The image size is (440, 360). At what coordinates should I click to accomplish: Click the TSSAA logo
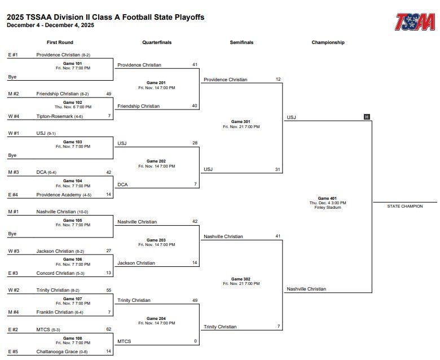click(415, 22)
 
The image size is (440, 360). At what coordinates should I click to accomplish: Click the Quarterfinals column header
click(157, 42)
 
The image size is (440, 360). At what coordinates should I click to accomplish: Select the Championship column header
click(328, 42)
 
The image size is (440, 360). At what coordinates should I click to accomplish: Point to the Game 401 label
click(328, 198)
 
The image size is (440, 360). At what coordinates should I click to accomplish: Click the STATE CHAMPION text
click(404, 206)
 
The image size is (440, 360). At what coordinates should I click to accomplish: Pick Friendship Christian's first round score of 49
click(108, 94)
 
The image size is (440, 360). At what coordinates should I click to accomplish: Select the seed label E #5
click(13, 352)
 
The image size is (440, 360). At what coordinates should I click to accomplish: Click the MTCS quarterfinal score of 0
click(195, 341)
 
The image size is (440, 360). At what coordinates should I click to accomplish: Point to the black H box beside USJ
click(367, 117)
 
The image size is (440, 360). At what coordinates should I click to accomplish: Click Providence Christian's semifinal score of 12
click(278, 80)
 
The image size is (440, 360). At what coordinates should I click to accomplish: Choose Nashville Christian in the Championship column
click(306, 289)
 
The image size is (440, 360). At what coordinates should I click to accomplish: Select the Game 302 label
click(241, 279)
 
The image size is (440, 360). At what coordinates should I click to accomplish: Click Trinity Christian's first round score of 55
click(108, 290)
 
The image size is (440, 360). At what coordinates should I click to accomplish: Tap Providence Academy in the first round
click(59, 195)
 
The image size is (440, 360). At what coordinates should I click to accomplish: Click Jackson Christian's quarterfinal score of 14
click(195, 263)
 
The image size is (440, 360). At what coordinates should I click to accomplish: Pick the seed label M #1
click(14, 212)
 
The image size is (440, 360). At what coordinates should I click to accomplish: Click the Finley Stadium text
click(328, 208)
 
